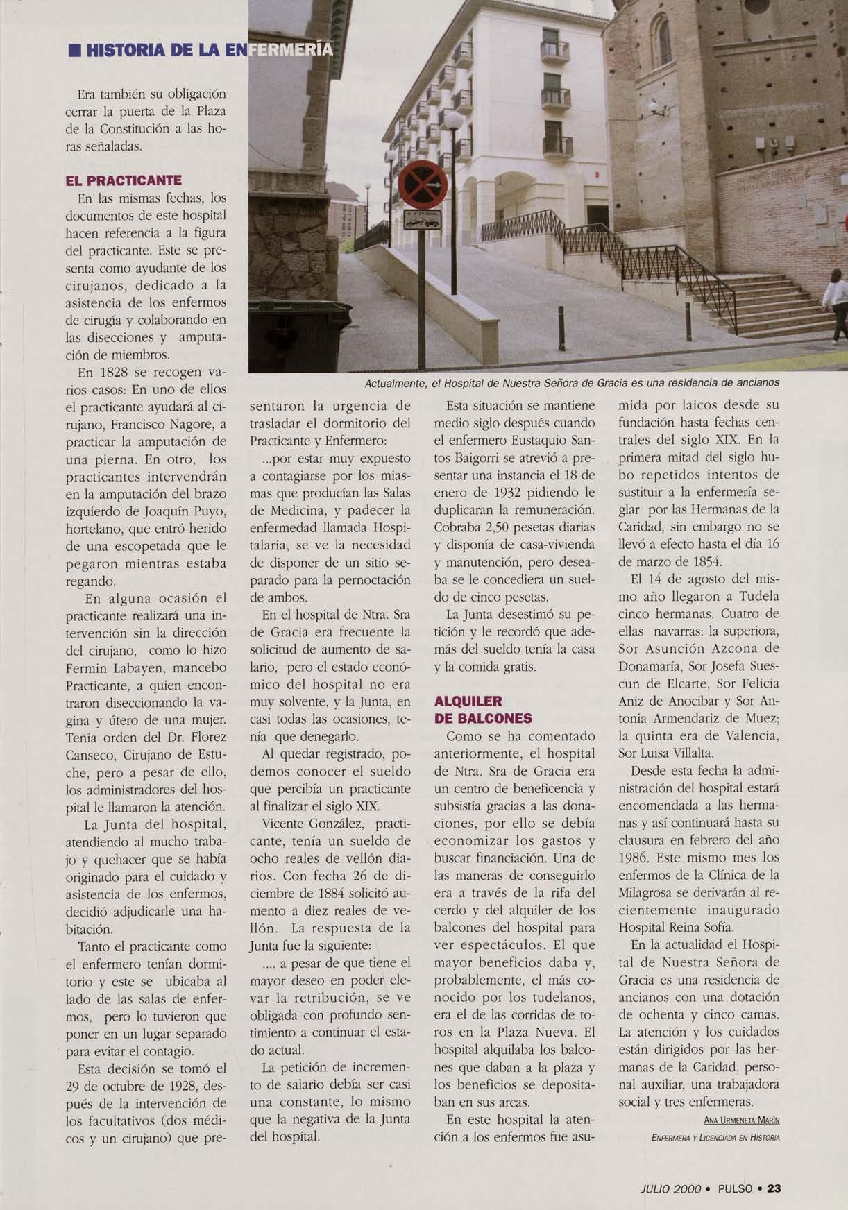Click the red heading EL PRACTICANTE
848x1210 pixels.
click(123, 180)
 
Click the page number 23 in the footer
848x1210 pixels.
click(774, 1188)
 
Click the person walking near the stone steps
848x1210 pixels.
click(836, 305)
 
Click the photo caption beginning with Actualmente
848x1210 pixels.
click(573, 382)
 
